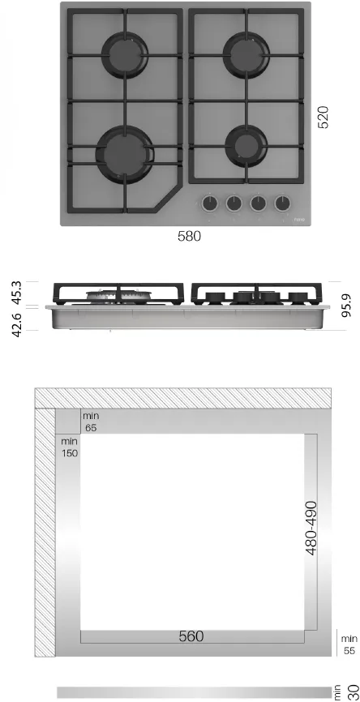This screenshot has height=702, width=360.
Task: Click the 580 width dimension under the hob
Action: click(x=188, y=237)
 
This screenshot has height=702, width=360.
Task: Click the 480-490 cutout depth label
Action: click(x=311, y=528)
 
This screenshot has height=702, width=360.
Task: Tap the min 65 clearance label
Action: click(x=90, y=422)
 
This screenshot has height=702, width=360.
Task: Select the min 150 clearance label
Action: click(x=70, y=447)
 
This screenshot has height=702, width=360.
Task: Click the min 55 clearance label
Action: click(x=349, y=644)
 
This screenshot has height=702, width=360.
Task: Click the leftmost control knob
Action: click(x=210, y=203)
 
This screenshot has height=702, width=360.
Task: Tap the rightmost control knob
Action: click(x=283, y=203)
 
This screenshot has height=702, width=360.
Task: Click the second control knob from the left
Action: click(x=234, y=203)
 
